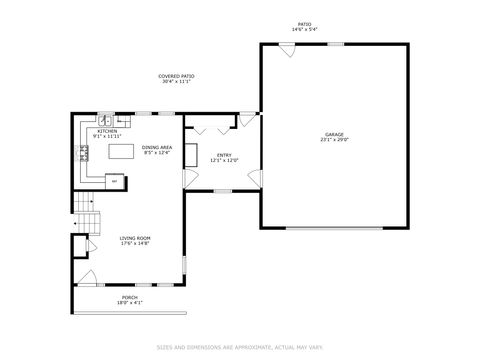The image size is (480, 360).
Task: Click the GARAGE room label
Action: pos(333,134)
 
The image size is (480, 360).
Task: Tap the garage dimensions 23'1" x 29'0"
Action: pos(333,140)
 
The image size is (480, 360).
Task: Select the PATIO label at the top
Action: pos(304,24)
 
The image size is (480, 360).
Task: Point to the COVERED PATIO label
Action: pos(177,76)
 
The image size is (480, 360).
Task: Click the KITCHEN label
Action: pos(106,131)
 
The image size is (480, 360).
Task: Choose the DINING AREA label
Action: pos(156,147)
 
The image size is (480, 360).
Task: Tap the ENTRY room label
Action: pos(224,154)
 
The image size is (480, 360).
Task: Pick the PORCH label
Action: pos(130,297)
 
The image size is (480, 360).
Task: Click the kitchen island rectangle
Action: pos(123,153)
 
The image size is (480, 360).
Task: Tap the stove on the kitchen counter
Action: pos(86,153)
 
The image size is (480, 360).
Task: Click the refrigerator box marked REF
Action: pos(114,181)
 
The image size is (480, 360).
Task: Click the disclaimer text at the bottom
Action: pos(239,347)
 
